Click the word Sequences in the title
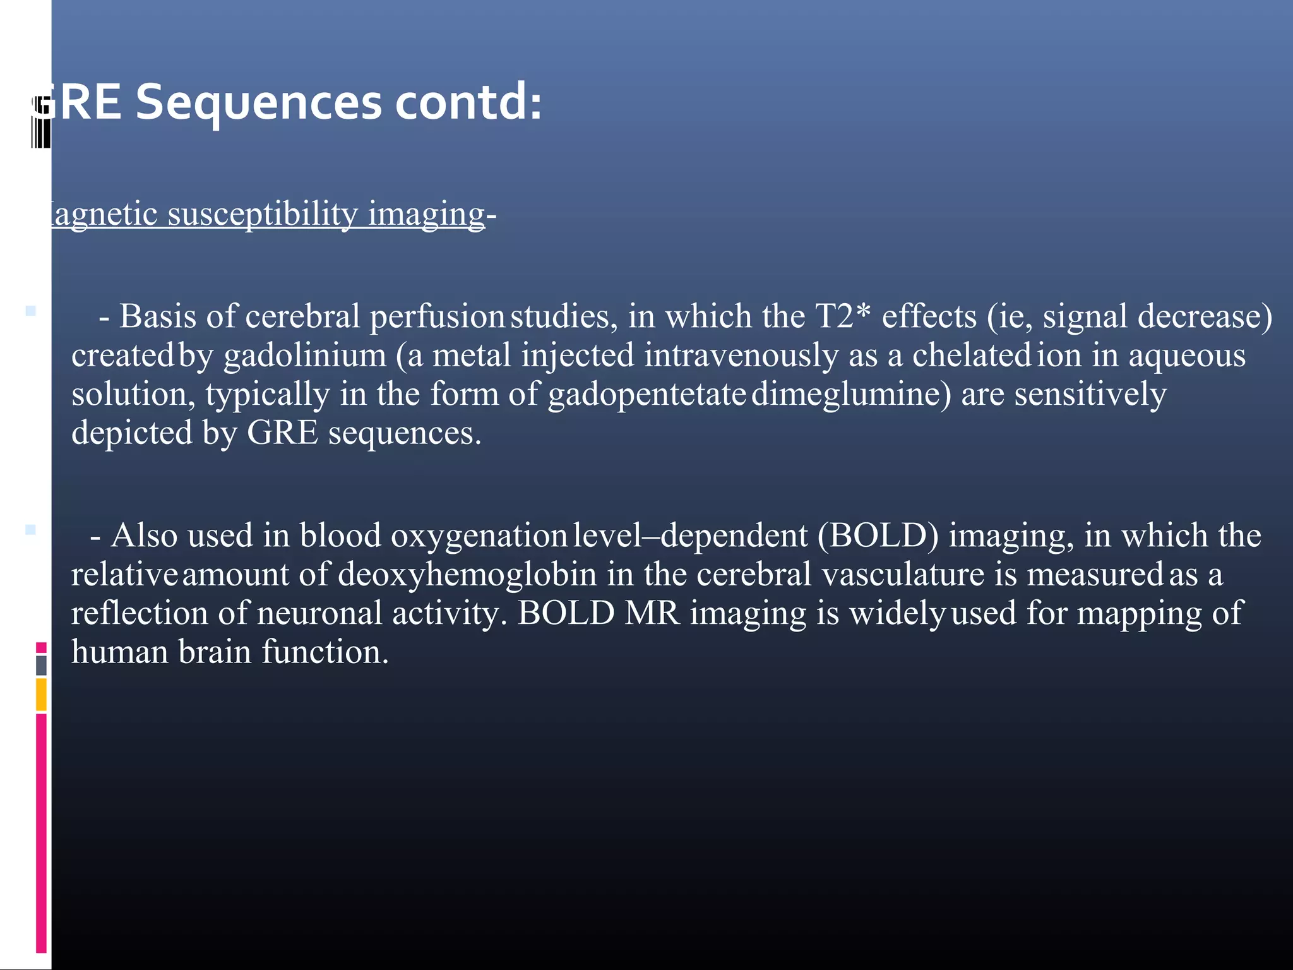tap(259, 103)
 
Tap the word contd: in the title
tap(468, 103)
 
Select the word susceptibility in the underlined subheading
tap(263, 213)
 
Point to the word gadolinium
tap(305, 355)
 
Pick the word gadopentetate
tap(647, 394)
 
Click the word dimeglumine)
tap(851, 394)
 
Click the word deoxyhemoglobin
tap(467, 575)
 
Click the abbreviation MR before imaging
tap(652, 613)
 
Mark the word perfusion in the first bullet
tap(437, 316)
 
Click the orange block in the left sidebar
tap(41, 694)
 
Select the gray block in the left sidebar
tap(41, 665)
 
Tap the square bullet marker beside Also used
tap(30, 529)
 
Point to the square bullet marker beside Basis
tap(30, 311)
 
